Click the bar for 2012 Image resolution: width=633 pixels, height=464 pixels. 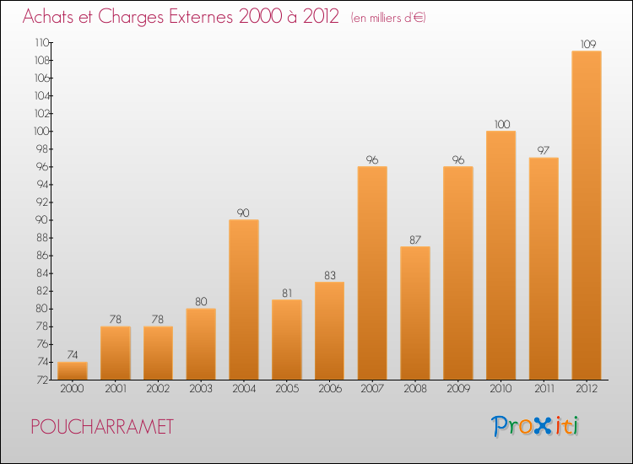(x=587, y=215)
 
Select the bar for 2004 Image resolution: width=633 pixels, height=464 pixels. (x=244, y=299)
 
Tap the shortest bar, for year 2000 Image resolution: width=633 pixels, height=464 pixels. (x=73, y=371)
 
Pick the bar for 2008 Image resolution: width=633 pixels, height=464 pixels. (x=415, y=313)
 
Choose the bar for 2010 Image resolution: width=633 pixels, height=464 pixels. (x=501, y=255)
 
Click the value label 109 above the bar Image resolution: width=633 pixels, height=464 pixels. (x=588, y=44)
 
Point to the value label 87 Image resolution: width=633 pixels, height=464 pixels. (x=415, y=240)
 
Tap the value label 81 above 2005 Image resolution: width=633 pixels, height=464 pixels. (x=287, y=293)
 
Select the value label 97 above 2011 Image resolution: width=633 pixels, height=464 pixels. (x=544, y=150)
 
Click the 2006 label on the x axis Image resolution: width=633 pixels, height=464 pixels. (x=330, y=388)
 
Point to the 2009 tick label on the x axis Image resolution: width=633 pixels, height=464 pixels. (x=458, y=388)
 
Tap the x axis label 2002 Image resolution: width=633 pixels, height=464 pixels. (x=158, y=388)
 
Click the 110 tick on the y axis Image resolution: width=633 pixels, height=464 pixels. (x=41, y=42)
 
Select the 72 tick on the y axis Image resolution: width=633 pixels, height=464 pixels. (x=42, y=380)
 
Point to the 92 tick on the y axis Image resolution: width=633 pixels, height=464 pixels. (x=42, y=202)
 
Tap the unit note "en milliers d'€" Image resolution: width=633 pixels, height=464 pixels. (x=388, y=18)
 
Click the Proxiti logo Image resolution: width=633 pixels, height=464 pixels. (x=535, y=426)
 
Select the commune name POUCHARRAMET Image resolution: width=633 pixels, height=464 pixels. (x=102, y=427)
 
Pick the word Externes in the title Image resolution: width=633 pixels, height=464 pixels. (x=201, y=16)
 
